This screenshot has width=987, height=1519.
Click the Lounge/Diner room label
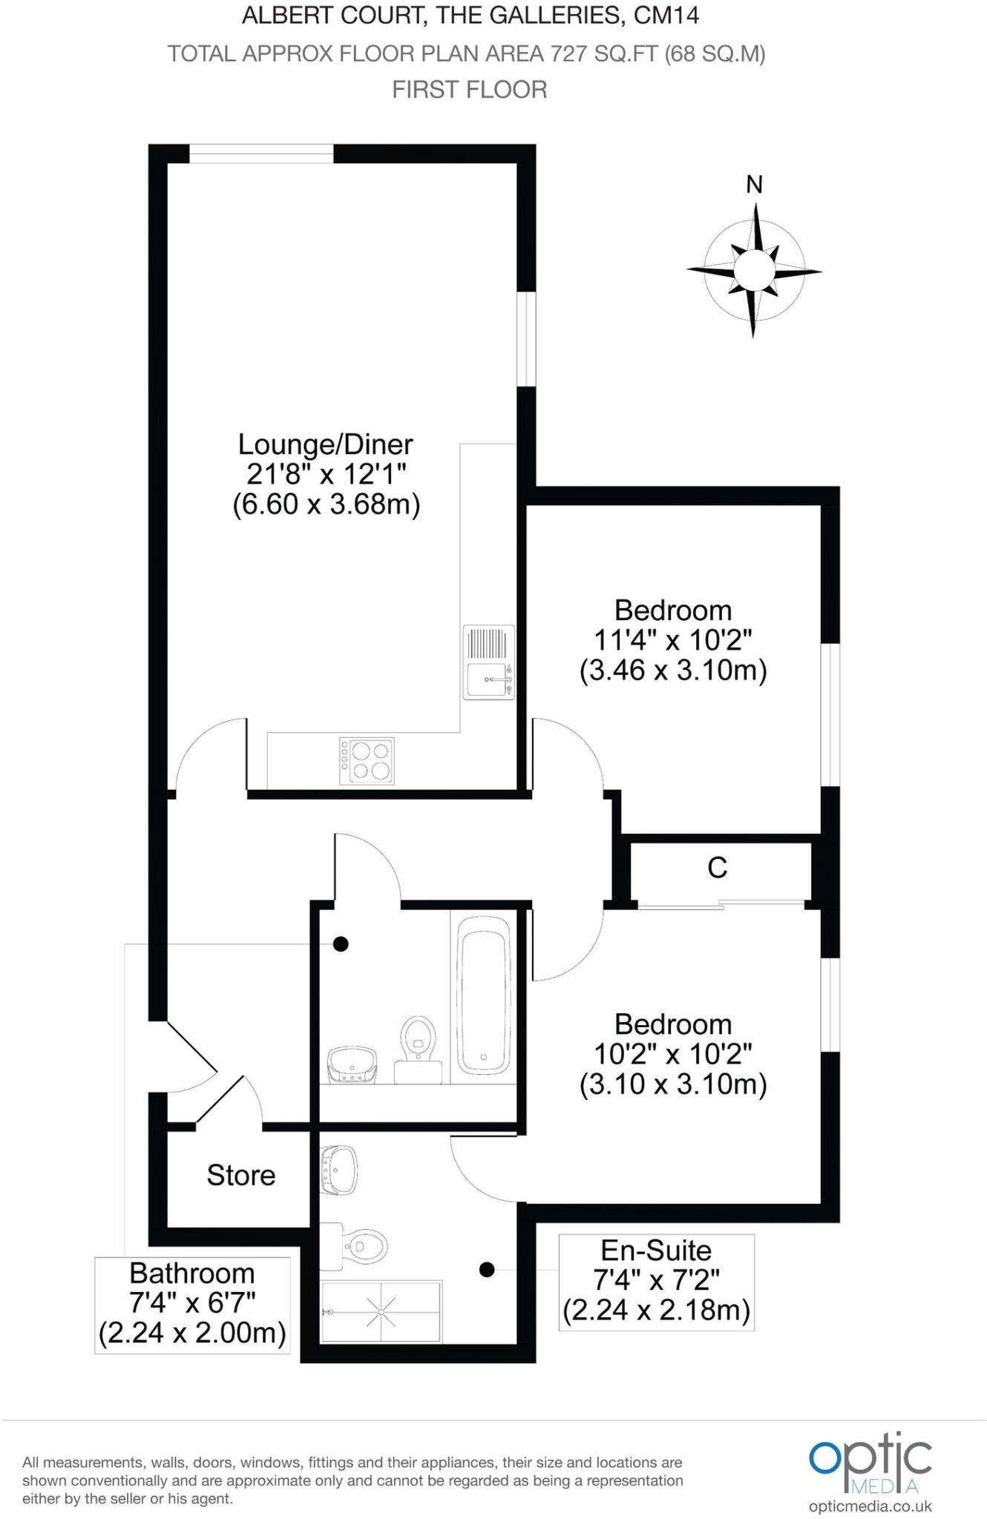[x=325, y=445]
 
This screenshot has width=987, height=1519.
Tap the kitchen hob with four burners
[x=367, y=760]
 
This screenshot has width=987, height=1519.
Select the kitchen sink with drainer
[x=489, y=662]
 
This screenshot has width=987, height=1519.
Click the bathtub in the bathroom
[x=484, y=995]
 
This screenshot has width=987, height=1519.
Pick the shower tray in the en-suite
[x=381, y=1311]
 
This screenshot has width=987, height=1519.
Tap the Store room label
[x=240, y=1175]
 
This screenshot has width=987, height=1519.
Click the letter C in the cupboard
[x=717, y=868]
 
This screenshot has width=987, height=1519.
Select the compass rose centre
[x=754, y=270]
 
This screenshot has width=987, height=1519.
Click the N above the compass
[x=754, y=184]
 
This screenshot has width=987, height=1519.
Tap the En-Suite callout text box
[x=656, y=1281]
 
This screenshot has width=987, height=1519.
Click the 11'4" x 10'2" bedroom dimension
[x=673, y=639]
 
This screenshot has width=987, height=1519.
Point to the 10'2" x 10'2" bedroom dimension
[x=673, y=1053]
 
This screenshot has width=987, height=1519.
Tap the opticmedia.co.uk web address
[x=870, y=1506]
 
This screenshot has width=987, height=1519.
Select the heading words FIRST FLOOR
[x=469, y=90]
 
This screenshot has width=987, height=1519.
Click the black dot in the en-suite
[x=487, y=1270]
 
